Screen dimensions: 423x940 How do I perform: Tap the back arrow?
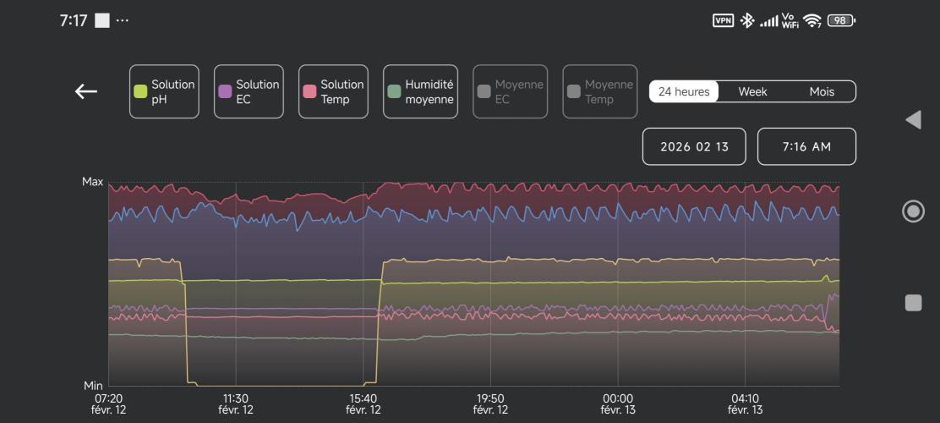click(x=86, y=91)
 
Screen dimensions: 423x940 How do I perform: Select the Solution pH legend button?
click(x=164, y=91)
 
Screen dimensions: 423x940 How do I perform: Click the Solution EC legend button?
click(x=249, y=91)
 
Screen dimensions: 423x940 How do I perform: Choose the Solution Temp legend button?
click(x=333, y=91)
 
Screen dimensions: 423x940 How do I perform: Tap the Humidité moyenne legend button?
click(x=420, y=91)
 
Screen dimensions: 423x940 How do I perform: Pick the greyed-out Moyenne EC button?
click(x=510, y=91)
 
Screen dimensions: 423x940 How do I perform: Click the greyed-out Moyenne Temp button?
click(x=599, y=91)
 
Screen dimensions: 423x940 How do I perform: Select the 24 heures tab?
click(x=684, y=91)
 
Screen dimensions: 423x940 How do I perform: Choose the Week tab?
click(x=752, y=91)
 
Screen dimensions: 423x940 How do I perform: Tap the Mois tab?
click(x=822, y=91)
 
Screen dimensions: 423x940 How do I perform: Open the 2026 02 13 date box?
click(x=694, y=146)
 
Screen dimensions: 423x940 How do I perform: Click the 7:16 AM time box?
click(x=806, y=146)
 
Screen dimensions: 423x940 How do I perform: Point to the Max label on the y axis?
click(x=92, y=181)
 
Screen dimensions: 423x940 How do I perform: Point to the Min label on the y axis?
click(x=93, y=386)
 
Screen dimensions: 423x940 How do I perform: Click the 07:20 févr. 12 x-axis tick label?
click(x=108, y=404)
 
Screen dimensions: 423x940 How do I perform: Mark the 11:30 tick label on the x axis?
click(x=236, y=404)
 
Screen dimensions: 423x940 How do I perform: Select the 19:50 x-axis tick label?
click(x=490, y=404)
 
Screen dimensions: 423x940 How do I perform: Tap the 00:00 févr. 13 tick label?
click(x=618, y=404)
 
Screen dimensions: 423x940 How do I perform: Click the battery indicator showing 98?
click(x=841, y=20)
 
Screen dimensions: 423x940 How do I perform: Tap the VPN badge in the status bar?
click(x=723, y=20)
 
